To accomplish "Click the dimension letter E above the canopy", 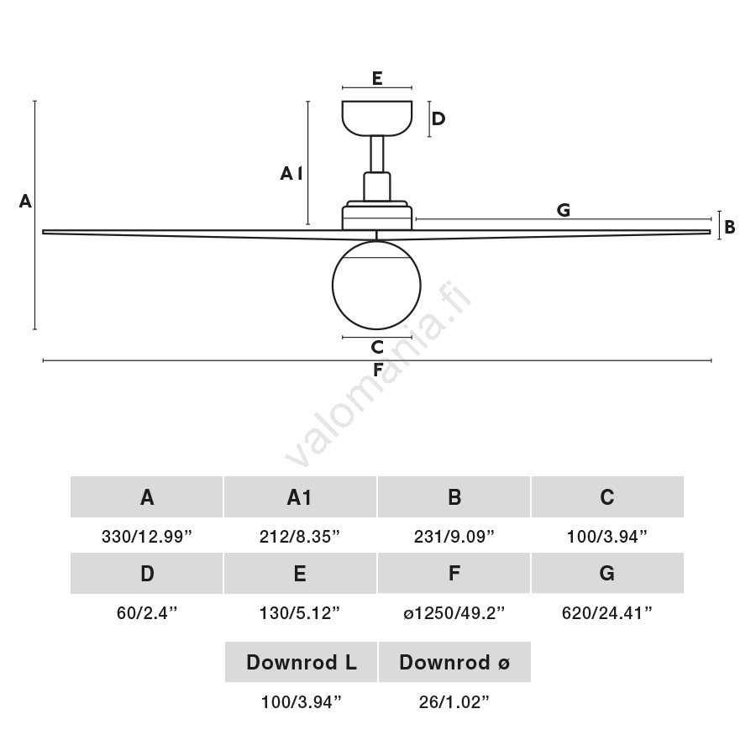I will [x=377, y=79].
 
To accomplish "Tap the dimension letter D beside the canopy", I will [x=438, y=118].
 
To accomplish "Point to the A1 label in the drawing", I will [x=291, y=174].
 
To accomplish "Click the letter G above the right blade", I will [x=563, y=210].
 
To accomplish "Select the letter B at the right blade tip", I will [x=730, y=226].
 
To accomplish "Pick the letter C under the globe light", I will [x=377, y=347].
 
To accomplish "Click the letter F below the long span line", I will [x=378, y=370].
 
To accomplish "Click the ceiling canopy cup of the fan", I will [x=377, y=118].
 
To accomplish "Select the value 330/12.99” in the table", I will [x=147, y=536].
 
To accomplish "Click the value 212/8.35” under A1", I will [x=300, y=536].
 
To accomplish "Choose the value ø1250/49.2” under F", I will [x=454, y=613].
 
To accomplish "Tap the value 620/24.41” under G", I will [x=607, y=613].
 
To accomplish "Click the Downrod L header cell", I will [x=301, y=662].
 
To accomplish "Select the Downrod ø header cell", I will [x=454, y=662].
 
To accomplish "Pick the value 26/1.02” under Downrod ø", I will [x=454, y=702].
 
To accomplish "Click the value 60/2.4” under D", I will [x=147, y=613].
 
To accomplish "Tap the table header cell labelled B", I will [x=454, y=497].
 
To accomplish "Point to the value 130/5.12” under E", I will [x=300, y=613].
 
